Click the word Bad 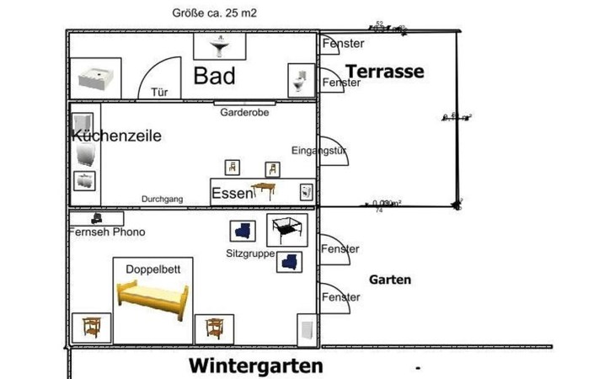(x=214, y=76)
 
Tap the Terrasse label (x=385, y=71)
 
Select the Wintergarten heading (x=255, y=366)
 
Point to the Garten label (x=390, y=280)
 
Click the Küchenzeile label (x=116, y=136)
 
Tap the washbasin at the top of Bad (x=219, y=46)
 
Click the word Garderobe (x=244, y=112)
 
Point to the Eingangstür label (x=319, y=151)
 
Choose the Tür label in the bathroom (x=158, y=93)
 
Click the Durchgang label (x=163, y=199)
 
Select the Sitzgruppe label (x=250, y=253)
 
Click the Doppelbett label (x=152, y=269)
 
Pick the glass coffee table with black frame (x=286, y=227)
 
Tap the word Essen (x=232, y=194)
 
